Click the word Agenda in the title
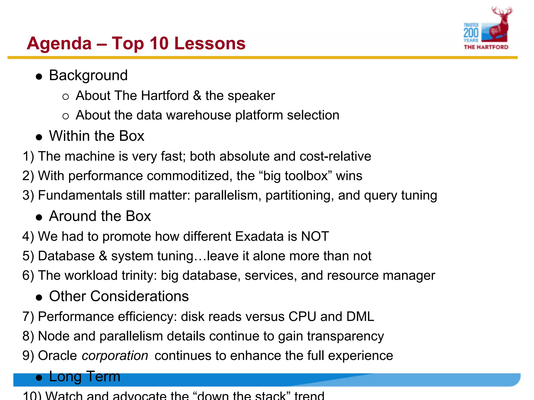(x=59, y=43)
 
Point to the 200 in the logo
(x=471, y=33)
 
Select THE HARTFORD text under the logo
(x=486, y=47)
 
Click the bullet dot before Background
(x=39, y=77)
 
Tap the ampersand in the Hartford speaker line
(x=197, y=96)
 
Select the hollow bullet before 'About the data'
(x=66, y=116)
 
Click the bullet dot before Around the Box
(x=39, y=217)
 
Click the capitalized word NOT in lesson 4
(x=315, y=236)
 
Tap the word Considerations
(x=139, y=296)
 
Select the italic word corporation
(x=115, y=356)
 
